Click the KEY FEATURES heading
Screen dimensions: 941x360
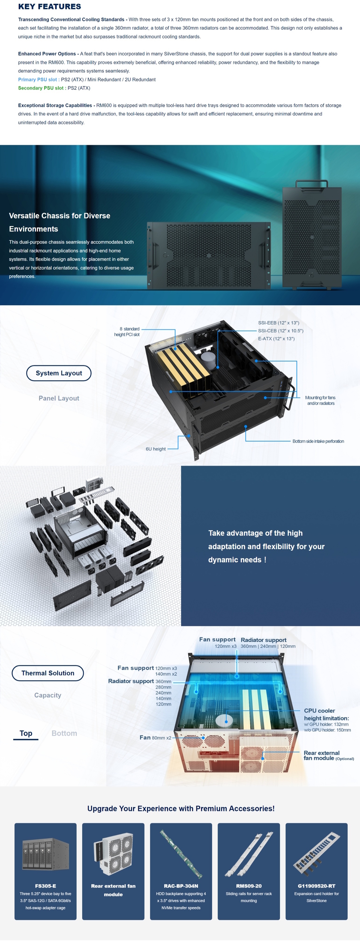pos(49,7)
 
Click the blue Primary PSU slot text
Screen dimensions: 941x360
pos(37,80)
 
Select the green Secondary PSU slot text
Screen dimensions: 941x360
pos(41,88)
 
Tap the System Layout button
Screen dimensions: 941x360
pos(59,373)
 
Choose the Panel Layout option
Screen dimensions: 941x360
pos(59,398)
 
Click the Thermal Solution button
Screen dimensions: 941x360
pos(48,673)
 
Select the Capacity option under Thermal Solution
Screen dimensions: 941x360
pos(48,695)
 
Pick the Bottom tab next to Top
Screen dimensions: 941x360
pos(64,733)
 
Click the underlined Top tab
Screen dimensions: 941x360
pos(26,733)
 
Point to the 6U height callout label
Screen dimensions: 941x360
pos(156,449)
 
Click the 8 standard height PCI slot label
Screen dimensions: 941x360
pos(127,332)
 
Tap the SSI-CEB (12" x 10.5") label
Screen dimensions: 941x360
pos(280,331)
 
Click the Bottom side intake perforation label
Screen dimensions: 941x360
pos(318,441)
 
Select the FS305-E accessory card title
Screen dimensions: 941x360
pos(45,886)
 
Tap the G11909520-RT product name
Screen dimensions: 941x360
pos(316,886)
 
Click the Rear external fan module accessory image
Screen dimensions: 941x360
pos(113,853)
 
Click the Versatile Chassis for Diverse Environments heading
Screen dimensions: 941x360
pos(60,222)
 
